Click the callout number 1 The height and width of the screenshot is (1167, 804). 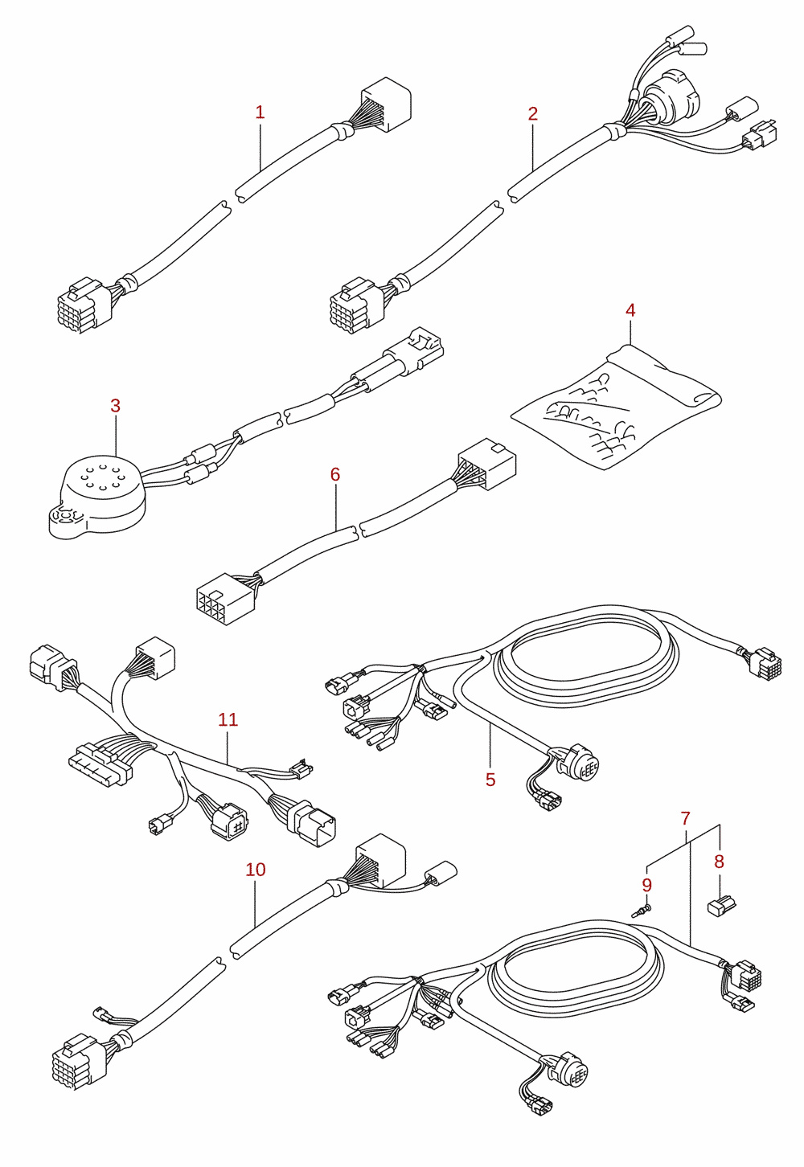pos(260,112)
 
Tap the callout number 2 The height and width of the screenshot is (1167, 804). pos(532,113)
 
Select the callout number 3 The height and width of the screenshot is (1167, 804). pos(115,405)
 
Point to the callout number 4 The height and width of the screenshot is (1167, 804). pos(630,310)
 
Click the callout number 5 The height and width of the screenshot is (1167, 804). pos(490,780)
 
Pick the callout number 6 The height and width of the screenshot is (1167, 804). pos(335,474)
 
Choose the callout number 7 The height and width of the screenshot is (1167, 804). pos(685,818)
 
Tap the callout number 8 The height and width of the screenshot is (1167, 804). pos(719,862)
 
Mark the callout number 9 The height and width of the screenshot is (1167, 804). pos(646,885)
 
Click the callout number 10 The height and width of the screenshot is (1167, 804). pos(256,869)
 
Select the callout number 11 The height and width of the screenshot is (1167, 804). pos(228,719)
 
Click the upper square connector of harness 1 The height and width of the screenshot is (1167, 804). pos(386,104)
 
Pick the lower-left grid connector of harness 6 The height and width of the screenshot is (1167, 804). pos(225,599)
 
